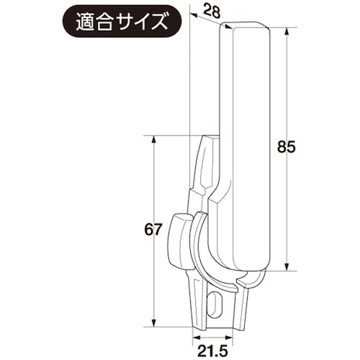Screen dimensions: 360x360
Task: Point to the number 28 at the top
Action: pos(210,10)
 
